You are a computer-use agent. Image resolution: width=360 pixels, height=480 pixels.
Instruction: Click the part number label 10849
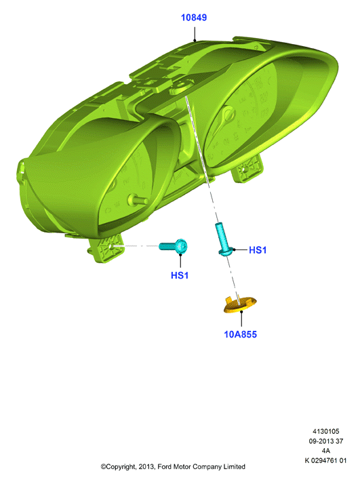click(x=194, y=18)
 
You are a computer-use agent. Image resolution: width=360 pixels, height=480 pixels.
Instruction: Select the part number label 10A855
click(x=240, y=334)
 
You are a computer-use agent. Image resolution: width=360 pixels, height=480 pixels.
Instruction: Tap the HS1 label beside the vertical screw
click(x=258, y=250)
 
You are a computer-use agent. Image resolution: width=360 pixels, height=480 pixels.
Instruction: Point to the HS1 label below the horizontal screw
click(x=180, y=275)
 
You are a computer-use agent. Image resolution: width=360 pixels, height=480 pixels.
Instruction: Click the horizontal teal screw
click(x=174, y=246)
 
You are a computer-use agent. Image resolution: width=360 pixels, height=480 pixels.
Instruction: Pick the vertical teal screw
click(x=224, y=239)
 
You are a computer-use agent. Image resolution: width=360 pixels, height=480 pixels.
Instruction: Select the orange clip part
click(x=240, y=304)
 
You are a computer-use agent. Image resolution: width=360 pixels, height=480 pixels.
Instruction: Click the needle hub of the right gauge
click(x=228, y=115)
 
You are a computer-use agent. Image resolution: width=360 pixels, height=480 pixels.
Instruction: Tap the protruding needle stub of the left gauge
click(x=137, y=200)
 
